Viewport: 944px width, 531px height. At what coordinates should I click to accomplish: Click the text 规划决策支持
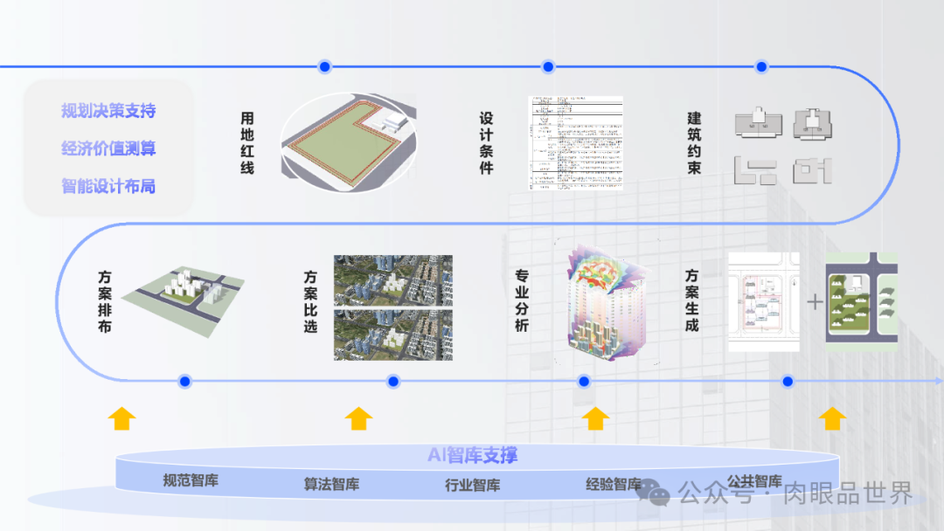click(x=108, y=111)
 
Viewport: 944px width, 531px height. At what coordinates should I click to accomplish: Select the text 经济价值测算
click(x=108, y=148)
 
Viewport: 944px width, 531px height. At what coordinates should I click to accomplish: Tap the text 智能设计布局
click(x=108, y=186)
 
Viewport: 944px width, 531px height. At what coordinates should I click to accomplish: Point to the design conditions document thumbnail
click(x=576, y=142)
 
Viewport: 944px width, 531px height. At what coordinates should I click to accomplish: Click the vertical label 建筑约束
click(x=694, y=142)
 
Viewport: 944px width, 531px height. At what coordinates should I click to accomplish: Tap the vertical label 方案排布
click(x=105, y=302)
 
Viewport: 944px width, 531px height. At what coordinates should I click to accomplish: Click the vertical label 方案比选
click(x=310, y=302)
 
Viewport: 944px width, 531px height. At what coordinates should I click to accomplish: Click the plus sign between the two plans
click(x=815, y=302)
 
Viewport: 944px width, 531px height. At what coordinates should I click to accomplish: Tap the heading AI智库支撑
click(x=472, y=455)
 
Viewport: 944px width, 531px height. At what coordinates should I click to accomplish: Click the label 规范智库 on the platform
click(x=191, y=479)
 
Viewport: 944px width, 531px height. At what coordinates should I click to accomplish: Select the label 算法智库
click(x=331, y=484)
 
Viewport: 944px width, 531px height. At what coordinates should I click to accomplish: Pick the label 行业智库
click(x=473, y=486)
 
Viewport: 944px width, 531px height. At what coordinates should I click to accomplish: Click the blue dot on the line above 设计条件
click(x=548, y=66)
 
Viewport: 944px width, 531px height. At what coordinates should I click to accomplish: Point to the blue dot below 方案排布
click(x=184, y=381)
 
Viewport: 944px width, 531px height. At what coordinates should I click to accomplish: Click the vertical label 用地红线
click(x=247, y=142)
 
